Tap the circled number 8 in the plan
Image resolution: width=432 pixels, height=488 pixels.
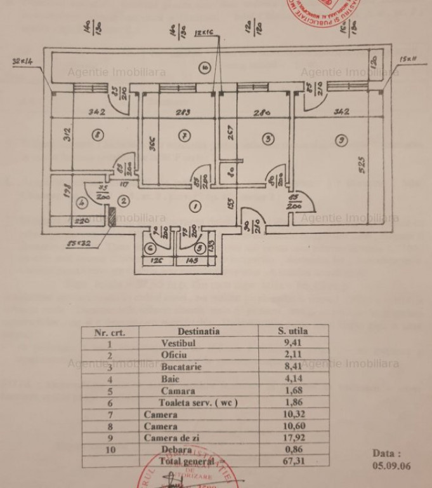pos(96,135)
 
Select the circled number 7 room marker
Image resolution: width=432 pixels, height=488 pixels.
pos(184,135)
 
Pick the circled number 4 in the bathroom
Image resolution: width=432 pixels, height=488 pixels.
pos(81,204)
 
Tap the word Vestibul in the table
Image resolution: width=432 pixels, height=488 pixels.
pos(178,343)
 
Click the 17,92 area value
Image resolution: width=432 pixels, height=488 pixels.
pos(293,438)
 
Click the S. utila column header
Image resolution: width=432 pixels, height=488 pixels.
pos(293,331)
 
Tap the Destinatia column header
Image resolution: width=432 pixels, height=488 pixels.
pos(199,331)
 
